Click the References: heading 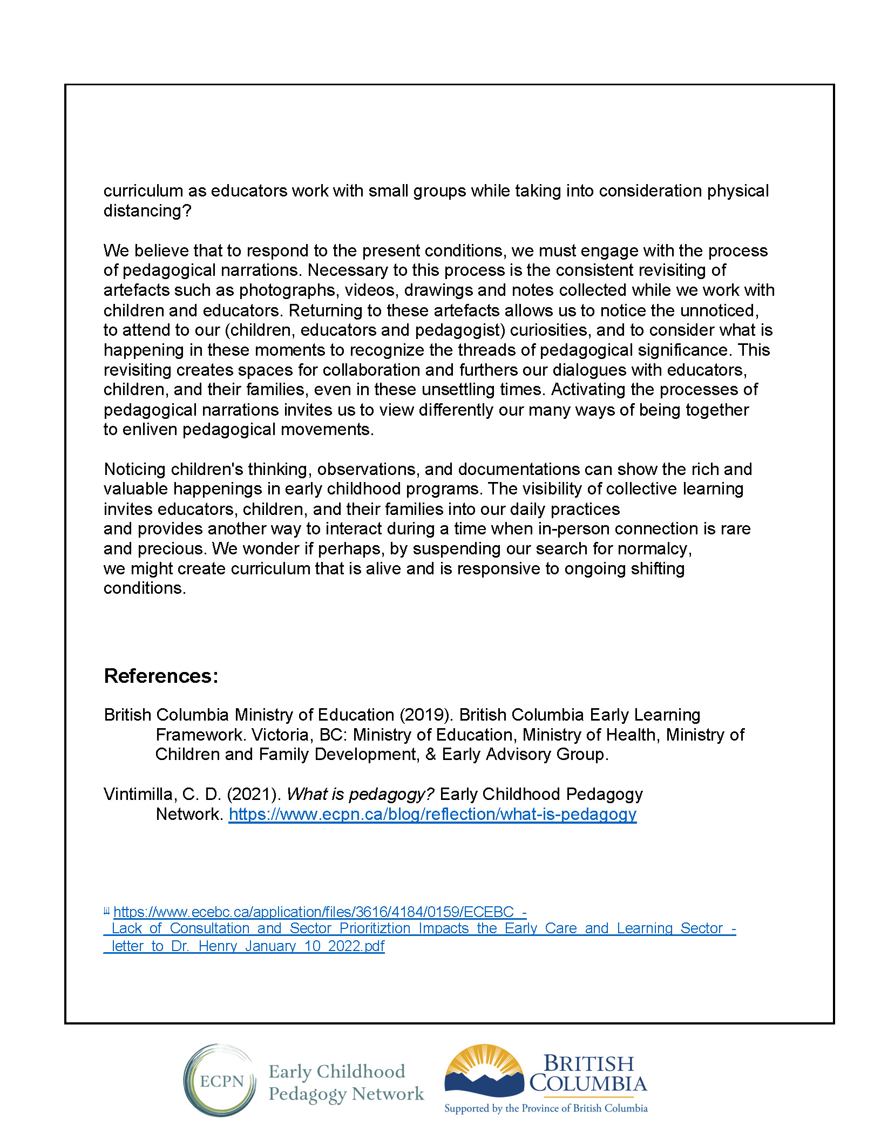tap(161, 676)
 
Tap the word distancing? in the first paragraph tap(147, 211)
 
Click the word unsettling tap(462, 389)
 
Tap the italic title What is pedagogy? tap(360, 794)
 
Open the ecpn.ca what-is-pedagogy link tap(432, 814)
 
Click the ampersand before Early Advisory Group tap(431, 755)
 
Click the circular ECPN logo tap(220, 1081)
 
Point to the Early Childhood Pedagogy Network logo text tap(345, 1082)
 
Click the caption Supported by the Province tap(545, 1108)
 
